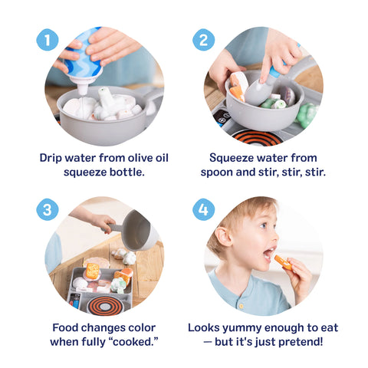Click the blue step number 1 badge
point(48,40)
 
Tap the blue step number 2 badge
point(203,40)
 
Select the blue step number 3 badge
point(48,209)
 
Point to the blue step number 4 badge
point(203,209)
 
